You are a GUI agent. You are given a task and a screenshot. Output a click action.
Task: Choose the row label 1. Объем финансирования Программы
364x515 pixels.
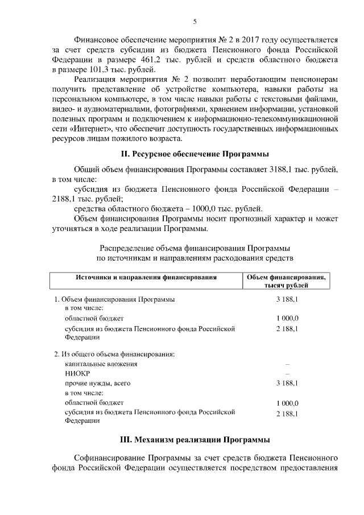114,299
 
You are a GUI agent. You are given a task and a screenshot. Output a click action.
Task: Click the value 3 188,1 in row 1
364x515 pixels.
287,299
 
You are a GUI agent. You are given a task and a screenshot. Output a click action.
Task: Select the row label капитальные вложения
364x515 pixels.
101,364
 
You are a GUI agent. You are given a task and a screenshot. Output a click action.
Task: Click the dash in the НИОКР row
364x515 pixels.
287,373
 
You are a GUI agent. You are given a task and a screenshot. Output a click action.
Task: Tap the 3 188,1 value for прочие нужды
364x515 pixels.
287,383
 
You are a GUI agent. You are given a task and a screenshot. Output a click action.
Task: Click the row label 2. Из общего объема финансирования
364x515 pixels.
114,354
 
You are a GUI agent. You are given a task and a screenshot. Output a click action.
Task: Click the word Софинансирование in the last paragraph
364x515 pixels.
110,458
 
